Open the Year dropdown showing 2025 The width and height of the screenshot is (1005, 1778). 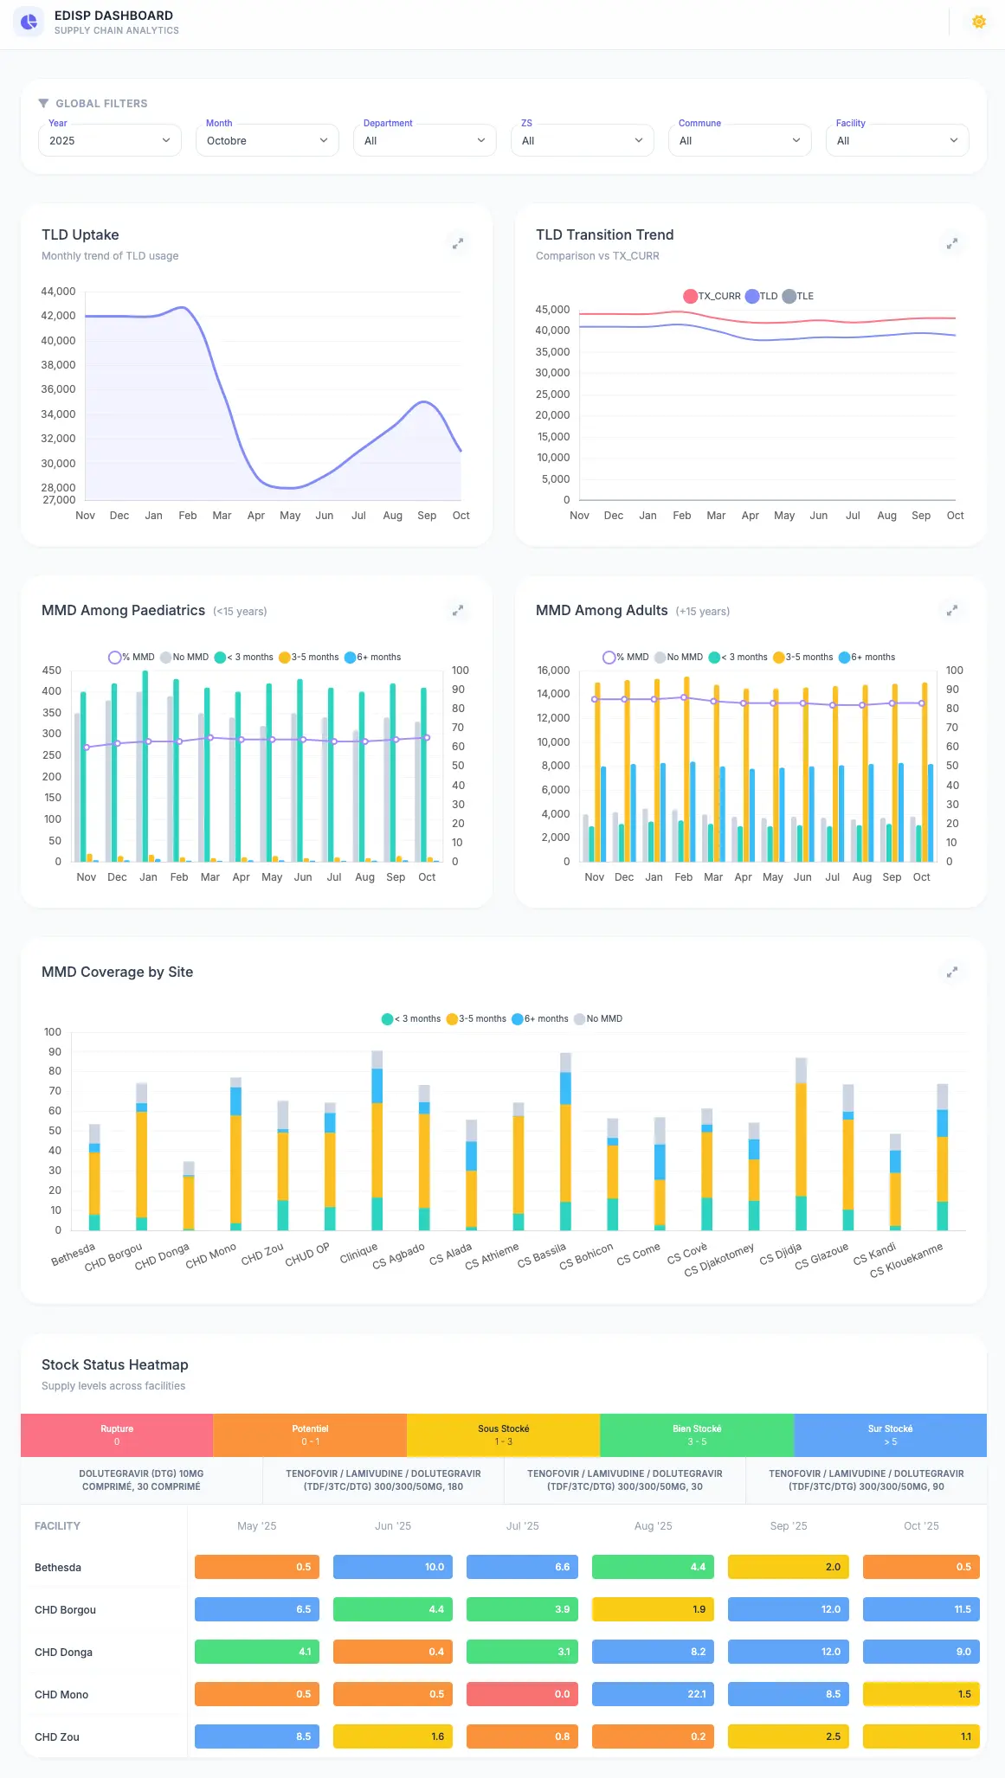[109, 140]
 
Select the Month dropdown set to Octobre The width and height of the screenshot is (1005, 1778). [267, 140]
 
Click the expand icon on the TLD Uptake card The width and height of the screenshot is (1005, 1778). [458, 244]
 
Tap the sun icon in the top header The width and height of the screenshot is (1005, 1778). [979, 22]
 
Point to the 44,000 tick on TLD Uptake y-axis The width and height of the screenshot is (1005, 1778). [58, 292]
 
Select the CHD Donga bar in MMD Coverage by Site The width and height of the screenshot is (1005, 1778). [189, 1198]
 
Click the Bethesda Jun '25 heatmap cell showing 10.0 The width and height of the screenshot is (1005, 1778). [393, 1567]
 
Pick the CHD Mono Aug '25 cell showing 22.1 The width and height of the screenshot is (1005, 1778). [653, 1694]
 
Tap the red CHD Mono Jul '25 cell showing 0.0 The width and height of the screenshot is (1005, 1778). [522, 1694]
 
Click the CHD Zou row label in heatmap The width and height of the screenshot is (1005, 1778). [57, 1736]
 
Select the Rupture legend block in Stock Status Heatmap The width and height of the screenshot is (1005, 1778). [117, 1435]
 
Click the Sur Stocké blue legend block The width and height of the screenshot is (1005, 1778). [890, 1435]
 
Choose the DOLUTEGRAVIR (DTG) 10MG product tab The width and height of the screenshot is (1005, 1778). [141, 1480]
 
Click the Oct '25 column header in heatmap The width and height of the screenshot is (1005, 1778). [921, 1525]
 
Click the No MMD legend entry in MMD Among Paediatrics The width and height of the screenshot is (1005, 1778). [184, 658]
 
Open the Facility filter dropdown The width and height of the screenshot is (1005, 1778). [897, 140]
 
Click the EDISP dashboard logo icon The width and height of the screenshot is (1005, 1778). [29, 22]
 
